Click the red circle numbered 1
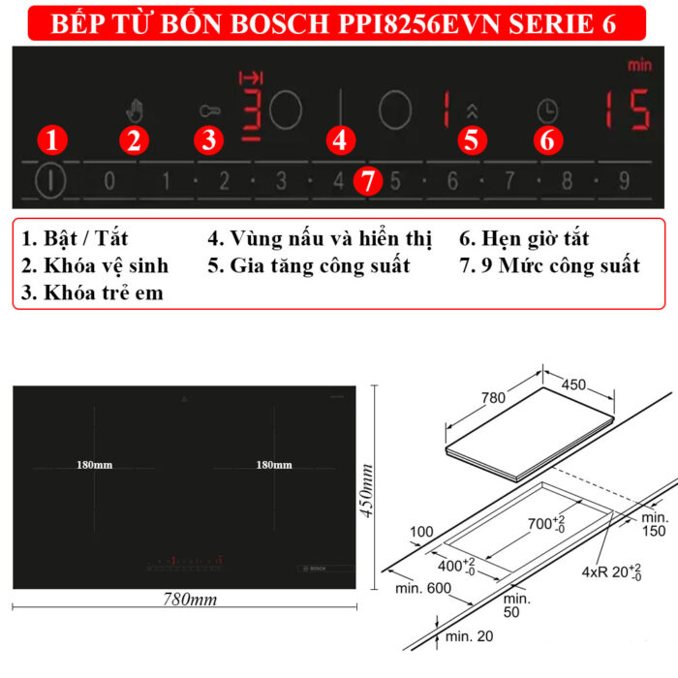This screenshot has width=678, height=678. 53,139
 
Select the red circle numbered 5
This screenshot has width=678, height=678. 471,139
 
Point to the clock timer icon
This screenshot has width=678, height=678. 547,109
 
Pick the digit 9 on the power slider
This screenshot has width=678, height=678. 624,181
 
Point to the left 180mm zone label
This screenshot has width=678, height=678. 94,465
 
